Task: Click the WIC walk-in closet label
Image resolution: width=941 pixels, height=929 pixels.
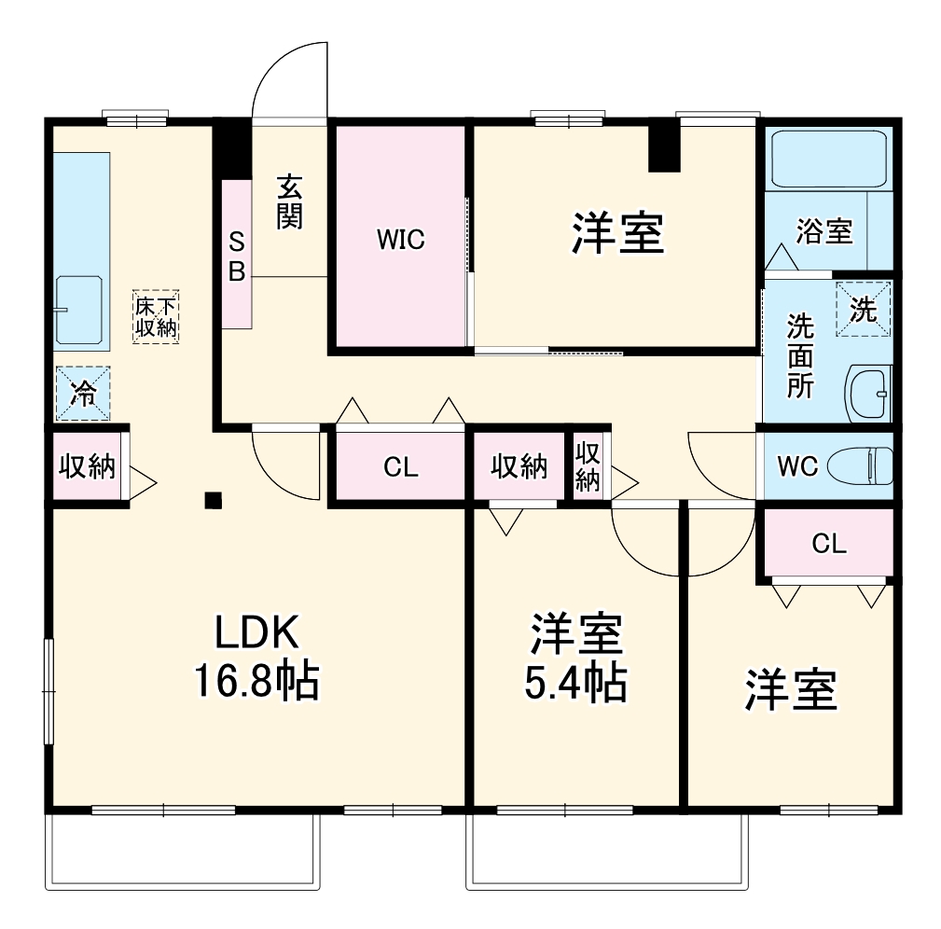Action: pos(400,240)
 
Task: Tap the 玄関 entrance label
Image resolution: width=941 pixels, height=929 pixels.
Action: pos(289,203)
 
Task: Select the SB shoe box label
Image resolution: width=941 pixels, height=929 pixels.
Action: pos(237,257)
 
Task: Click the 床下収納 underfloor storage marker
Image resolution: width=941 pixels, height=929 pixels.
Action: pos(156,316)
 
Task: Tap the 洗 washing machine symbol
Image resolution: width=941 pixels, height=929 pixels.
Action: pos(864,309)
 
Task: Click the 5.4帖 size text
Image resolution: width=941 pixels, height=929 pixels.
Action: pos(575,684)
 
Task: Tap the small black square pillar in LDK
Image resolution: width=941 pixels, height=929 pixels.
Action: pos(214,501)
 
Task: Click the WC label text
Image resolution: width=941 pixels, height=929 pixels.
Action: pos(797,465)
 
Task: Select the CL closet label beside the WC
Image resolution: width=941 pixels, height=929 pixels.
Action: pos(828,545)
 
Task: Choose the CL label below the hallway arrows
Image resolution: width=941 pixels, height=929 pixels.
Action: pos(400,467)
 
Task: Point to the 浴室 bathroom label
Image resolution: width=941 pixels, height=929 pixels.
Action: pos(824,230)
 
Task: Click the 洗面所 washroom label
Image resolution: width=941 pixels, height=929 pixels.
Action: pos(799,356)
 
